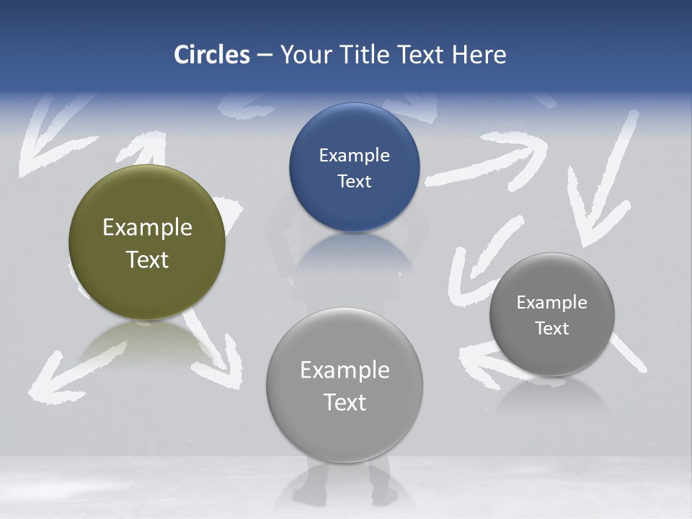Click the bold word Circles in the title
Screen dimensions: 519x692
(x=211, y=55)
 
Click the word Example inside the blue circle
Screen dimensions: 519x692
(x=354, y=156)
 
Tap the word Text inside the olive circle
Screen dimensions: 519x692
(x=147, y=259)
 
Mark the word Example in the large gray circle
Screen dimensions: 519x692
(x=345, y=371)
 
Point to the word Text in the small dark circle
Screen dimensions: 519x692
(x=552, y=329)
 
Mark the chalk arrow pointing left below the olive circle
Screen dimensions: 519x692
(x=72, y=371)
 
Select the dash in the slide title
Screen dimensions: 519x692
(x=265, y=56)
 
